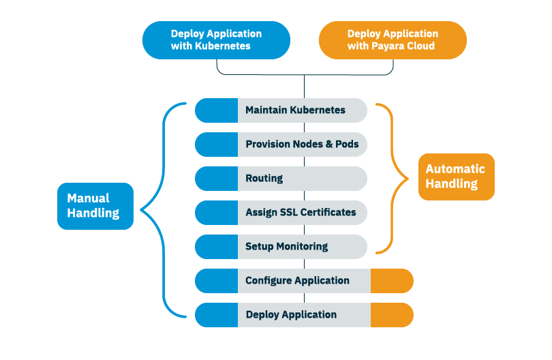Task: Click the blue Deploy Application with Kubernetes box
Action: pyautogui.click(x=216, y=40)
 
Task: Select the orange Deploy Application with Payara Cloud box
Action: pyautogui.click(x=393, y=40)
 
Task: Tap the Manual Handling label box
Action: pyautogui.click(x=95, y=206)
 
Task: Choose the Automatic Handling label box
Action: pyautogui.click(x=456, y=177)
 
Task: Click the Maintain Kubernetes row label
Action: pyautogui.click(x=295, y=110)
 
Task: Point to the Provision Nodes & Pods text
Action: pyautogui.click(x=303, y=145)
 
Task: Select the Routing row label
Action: pyautogui.click(x=264, y=179)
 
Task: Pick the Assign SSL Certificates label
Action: pyautogui.click(x=301, y=213)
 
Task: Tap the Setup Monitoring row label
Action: pyautogui.click(x=286, y=247)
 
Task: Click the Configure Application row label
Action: pyautogui.click(x=297, y=281)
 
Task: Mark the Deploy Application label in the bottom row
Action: pyautogui.click(x=291, y=315)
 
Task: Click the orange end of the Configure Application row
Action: pyautogui.click(x=392, y=281)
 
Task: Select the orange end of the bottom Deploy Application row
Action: pyautogui.click(x=392, y=315)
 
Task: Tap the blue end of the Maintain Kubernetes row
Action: pyautogui.click(x=216, y=110)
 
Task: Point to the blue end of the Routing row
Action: pyautogui.click(x=216, y=179)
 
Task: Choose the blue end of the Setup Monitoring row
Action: pyautogui.click(x=216, y=247)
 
